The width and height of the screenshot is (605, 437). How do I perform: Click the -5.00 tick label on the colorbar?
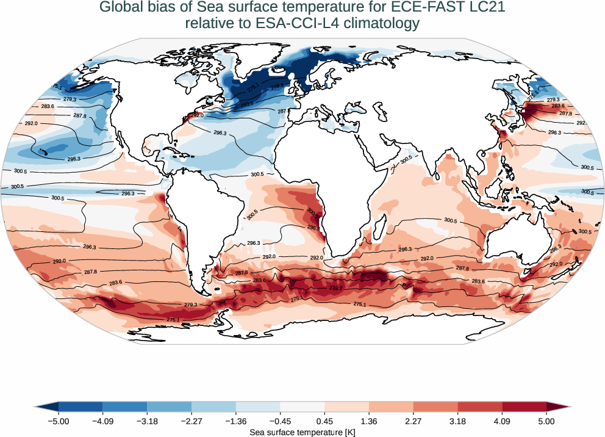(59, 421)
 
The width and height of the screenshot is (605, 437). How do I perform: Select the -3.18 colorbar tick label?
(147, 421)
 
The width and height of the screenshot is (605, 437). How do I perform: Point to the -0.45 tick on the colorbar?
(280, 421)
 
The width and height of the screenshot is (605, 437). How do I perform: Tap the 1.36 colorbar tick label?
(369, 421)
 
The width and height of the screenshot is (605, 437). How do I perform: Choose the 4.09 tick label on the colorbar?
(502, 421)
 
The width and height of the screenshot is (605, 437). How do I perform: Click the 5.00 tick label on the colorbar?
(546, 421)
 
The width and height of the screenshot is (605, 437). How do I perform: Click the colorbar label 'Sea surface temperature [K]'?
(302, 432)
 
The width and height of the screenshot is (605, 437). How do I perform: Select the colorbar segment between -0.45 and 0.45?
(302, 406)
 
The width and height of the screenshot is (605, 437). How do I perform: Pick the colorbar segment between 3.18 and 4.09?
(480, 406)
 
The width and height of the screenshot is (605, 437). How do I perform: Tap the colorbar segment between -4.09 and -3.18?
(125, 406)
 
